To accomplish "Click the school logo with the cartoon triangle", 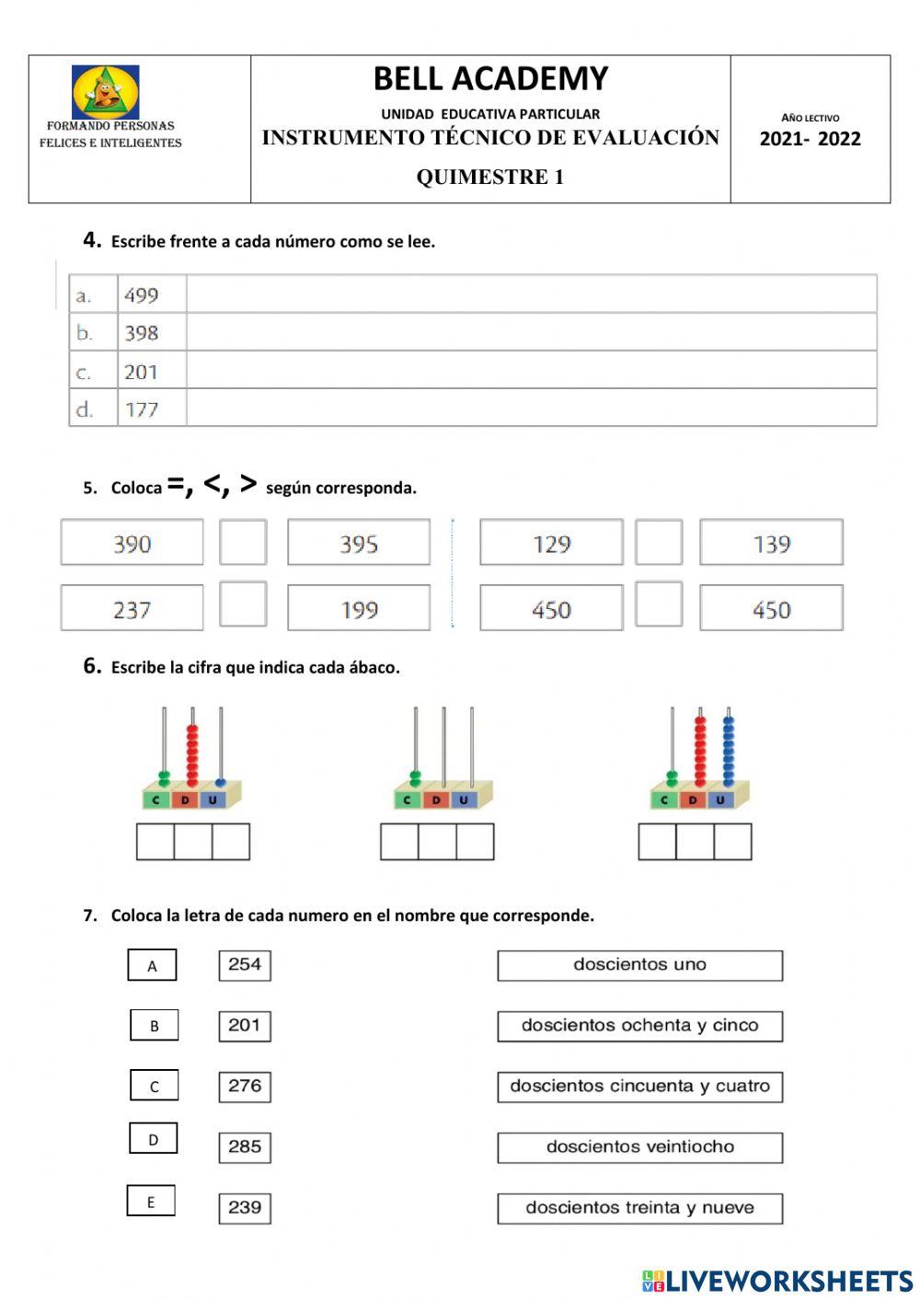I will [106, 92].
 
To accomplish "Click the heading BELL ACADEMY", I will [490, 79].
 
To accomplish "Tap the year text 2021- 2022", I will [810, 139].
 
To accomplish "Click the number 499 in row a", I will [142, 295].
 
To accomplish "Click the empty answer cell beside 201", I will [531, 371].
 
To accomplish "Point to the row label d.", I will [85, 409].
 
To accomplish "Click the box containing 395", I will [359, 544].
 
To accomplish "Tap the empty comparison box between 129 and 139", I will [659, 543].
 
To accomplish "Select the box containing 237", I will [132, 609].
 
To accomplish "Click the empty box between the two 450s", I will [659, 604].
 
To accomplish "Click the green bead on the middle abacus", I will [415, 778].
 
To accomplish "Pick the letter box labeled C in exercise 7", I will [154, 1086].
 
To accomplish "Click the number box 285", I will [245, 1146].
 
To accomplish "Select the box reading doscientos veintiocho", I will [639, 1147].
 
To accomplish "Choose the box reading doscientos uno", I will [639, 965].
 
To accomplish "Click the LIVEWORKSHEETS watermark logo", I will [777, 1281].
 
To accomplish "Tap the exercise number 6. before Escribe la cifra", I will [92, 666].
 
